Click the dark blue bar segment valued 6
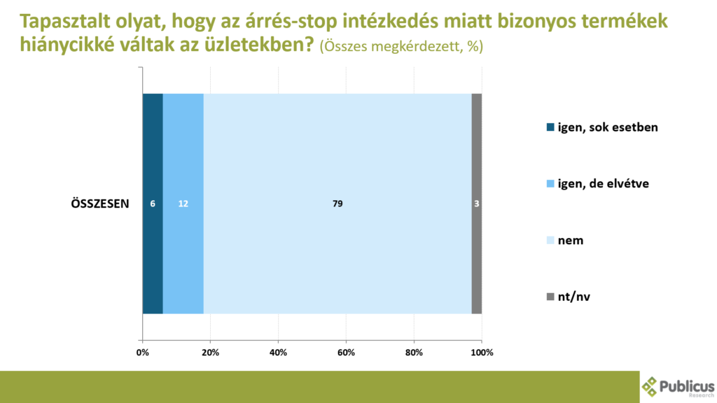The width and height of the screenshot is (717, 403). coord(153,204)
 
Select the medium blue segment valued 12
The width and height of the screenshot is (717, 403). coord(183,204)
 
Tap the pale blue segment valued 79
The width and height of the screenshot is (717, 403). coord(337,204)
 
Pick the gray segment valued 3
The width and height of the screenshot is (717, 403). coord(476,204)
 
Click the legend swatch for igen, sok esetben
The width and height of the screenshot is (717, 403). coord(550,127)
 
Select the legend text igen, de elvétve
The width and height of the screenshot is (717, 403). coord(603,184)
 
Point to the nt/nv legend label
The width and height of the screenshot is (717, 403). coord(574,297)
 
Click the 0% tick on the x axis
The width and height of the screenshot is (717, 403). coord(143,353)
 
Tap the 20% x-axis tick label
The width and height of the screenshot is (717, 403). coord(210,353)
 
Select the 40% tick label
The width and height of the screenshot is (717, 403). coord(278,353)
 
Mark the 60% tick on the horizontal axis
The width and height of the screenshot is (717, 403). coord(346,353)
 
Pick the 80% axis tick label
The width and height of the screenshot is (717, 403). coord(414,353)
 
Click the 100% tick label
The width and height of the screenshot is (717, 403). coord(482,353)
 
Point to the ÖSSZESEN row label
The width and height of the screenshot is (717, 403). coord(100,204)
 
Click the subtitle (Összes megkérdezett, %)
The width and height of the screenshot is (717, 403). coord(401,46)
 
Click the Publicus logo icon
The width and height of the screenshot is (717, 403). coord(649,386)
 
